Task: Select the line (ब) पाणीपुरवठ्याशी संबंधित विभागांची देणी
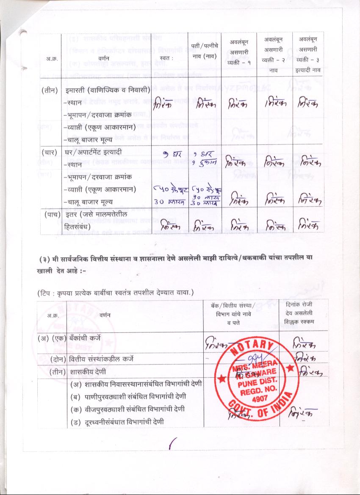tap(127, 397)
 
